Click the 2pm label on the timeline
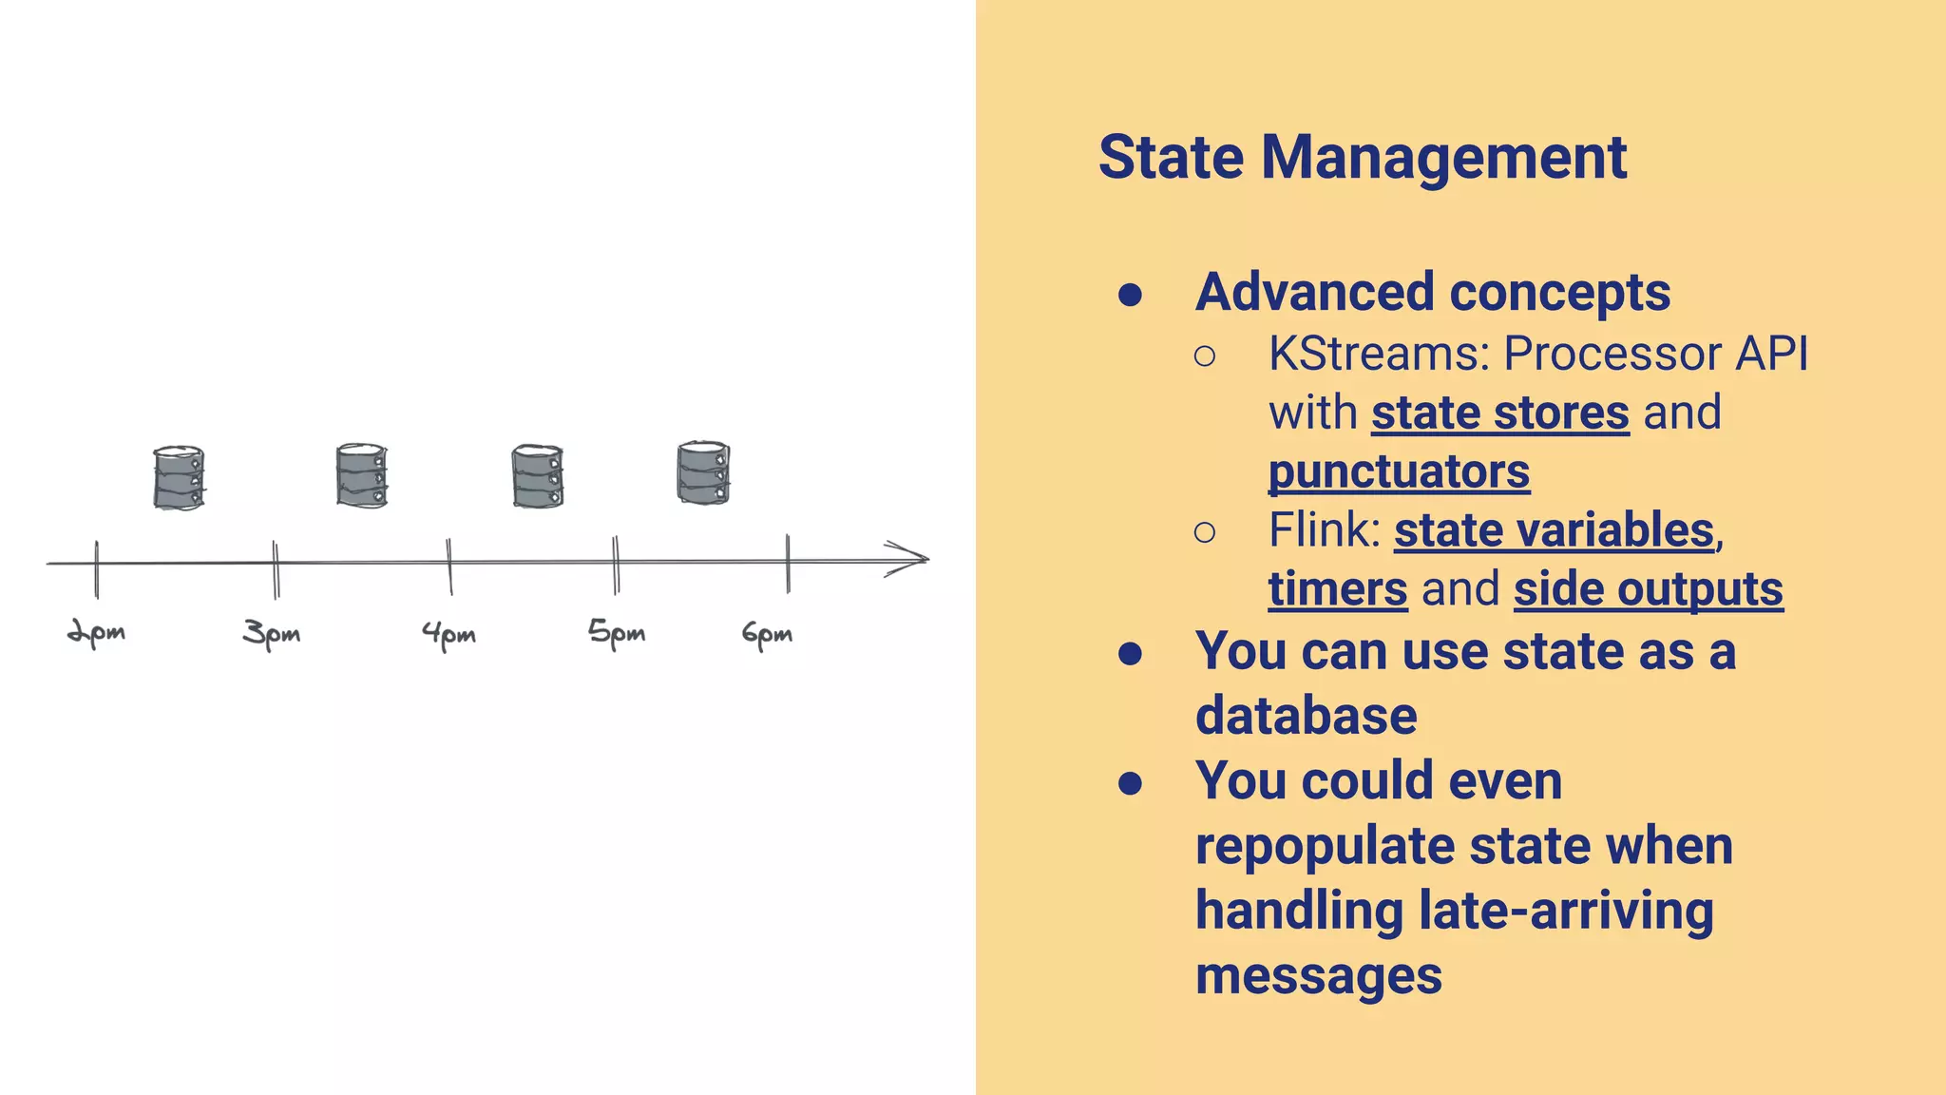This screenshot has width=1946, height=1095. (96, 633)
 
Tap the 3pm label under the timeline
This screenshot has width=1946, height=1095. (272, 633)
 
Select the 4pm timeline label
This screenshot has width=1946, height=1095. (448, 634)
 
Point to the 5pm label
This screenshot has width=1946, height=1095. (617, 632)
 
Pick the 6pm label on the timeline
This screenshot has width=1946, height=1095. (767, 634)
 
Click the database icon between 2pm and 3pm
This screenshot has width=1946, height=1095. (179, 477)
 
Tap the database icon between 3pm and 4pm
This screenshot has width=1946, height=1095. (362, 474)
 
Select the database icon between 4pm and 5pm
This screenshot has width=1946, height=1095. (538, 475)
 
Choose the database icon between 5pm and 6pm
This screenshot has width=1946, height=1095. (703, 472)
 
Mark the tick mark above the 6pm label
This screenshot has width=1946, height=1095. (788, 563)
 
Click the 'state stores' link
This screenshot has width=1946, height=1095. (1499, 413)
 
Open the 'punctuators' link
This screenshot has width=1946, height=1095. (1399, 472)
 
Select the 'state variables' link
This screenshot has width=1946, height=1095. (1554, 530)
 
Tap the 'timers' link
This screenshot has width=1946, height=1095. (1337, 589)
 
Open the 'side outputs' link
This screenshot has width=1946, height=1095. (1648, 589)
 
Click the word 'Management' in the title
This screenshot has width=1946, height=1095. (1443, 157)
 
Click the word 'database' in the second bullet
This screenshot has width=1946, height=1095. (1306, 716)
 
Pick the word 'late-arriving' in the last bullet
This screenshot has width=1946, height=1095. (1566, 911)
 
